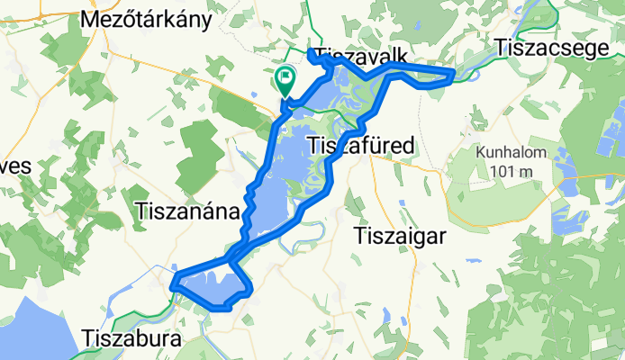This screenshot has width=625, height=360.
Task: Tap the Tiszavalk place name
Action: (358, 53)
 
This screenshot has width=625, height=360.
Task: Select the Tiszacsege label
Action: (552, 48)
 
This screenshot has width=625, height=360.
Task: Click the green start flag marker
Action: (285, 81)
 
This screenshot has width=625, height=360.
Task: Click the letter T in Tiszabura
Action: (88, 339)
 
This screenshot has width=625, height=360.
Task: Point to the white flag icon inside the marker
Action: (285, 78)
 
